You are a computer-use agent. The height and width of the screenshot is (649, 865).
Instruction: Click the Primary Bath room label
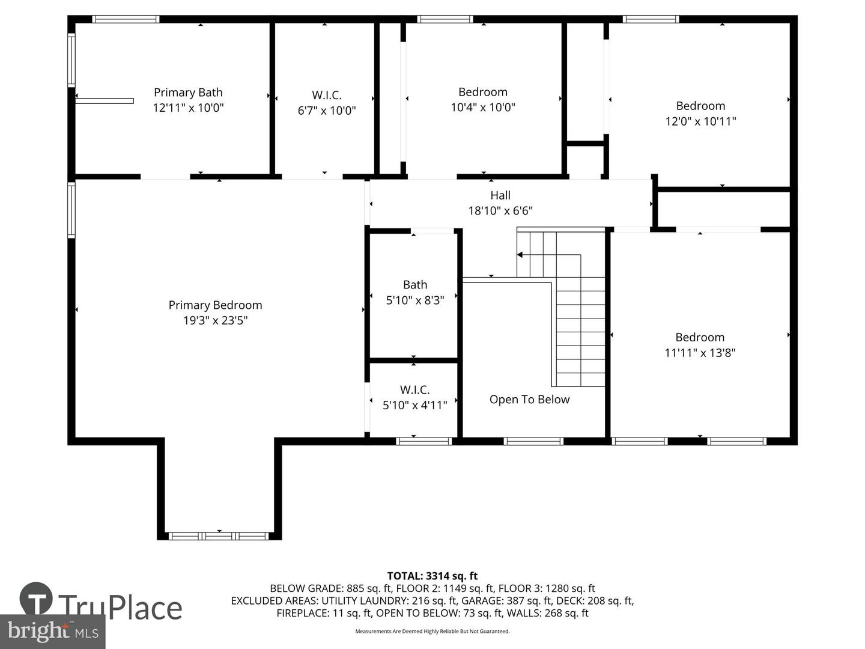coord(188,92)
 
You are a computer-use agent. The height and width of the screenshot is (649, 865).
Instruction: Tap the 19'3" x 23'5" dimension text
coord(215,320)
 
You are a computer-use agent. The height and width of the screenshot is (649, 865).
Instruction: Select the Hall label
coord(500,195)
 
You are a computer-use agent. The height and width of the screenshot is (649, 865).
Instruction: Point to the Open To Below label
coord(529,399)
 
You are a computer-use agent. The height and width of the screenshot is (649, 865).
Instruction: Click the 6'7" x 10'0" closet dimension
coord(327,111)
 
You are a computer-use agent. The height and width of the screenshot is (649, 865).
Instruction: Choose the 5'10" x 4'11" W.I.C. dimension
coord(414,405)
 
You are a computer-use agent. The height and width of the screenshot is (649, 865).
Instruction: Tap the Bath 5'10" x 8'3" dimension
coord(415,300)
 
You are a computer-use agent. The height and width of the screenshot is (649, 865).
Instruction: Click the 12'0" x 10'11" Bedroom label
coord(700,106)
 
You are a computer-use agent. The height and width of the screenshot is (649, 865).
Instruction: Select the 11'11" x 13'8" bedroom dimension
coord(700,353)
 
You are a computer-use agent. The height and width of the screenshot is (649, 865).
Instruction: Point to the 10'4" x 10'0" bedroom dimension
coord(483,107)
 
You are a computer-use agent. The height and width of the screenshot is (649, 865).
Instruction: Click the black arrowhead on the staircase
coord(520,255)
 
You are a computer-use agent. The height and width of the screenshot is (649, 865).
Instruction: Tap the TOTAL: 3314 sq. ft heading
coord(432,576)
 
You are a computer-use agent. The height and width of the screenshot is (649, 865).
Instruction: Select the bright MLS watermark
coord(52,631)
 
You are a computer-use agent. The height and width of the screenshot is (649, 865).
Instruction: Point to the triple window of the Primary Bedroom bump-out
coord(219,536)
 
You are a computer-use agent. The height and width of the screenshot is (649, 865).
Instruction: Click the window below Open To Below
coord(533,441)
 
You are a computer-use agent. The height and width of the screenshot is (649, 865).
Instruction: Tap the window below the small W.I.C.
coord(423,441)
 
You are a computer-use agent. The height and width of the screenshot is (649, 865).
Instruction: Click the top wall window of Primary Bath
coord(126,19)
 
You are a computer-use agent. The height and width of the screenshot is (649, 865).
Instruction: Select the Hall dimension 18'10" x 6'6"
coord(500,211)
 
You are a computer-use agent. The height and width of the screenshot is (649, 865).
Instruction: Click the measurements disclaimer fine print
coord(432,631)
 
